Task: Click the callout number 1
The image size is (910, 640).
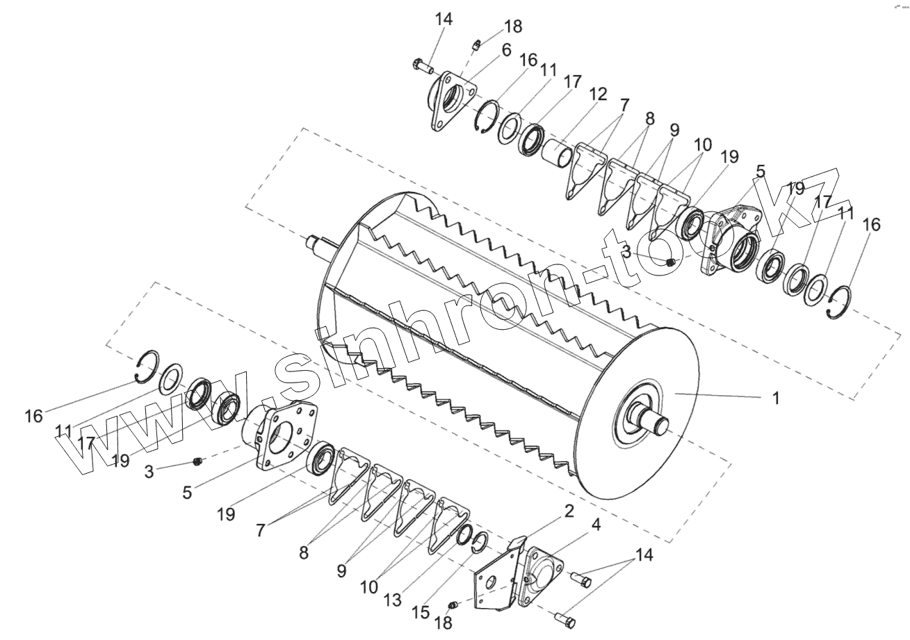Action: [776, 399]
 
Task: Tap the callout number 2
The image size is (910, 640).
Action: [569, 511]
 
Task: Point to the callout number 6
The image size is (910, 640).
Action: [505, 50]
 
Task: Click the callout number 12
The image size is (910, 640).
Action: [597, 94]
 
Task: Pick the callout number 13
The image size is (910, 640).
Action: [393, 600]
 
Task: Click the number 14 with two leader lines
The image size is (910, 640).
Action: [644, 555]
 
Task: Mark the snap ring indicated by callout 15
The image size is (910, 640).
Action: [480, 541]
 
